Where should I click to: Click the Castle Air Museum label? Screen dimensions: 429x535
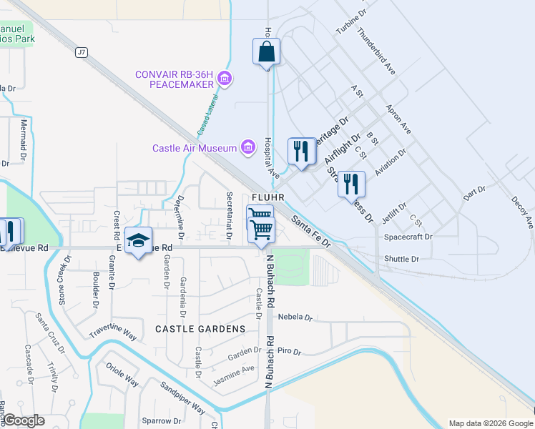(194, 148)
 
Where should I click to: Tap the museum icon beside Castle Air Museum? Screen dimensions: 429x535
(248, 148)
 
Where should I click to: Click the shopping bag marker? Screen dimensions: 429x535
(266, 52)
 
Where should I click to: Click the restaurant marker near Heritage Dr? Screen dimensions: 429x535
(301, 151)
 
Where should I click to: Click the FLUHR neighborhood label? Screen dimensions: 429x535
(268, 197)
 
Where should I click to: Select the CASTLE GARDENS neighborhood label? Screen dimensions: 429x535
(200, 329)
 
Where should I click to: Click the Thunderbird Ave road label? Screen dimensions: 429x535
(376, 51)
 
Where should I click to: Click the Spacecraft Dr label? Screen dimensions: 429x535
(408, 237)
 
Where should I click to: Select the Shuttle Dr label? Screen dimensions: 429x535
(401, 259)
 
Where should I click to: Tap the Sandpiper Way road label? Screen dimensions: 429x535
(182, 398)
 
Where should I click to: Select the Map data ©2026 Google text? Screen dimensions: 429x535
(490, 423)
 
